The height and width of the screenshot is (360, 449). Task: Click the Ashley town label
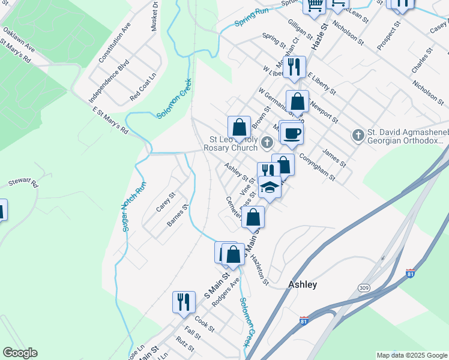pos(303,284)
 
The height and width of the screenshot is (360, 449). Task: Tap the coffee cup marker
pos(292,133)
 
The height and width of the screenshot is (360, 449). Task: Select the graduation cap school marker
pos(270,188)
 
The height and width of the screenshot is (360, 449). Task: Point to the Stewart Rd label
pos(23,182)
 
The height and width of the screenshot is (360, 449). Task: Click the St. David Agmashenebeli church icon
pos(358,134)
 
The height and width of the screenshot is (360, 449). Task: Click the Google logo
pos(20,353)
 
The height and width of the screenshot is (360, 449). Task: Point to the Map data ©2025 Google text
pos(411,355)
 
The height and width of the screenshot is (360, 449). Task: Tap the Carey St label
pos(165,202)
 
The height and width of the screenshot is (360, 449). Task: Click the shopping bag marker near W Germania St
pos(297,101)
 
